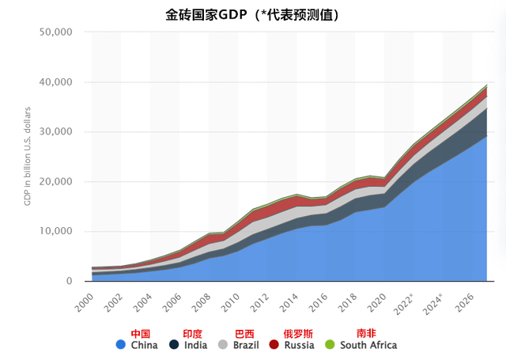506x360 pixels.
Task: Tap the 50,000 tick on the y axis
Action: click(x=55, y=32)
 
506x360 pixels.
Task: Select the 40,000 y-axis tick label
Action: click(x=55, y=82)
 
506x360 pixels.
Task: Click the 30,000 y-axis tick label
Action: click(x=55, y=132)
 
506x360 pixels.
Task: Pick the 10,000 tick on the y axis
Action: click(x=55, y=232)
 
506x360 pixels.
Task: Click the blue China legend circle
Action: click(x=120, y=345)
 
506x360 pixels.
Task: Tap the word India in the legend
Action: click(x=195, y=345)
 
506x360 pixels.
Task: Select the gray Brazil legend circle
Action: click(x=224, y=345)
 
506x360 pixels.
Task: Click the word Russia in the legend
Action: click(x=299, y=345)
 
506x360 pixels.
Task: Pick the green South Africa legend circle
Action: click(x=330, y=345)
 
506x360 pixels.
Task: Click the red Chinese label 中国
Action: click(x=140, y=333)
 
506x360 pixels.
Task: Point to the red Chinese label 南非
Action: click(x=366, y=333)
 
